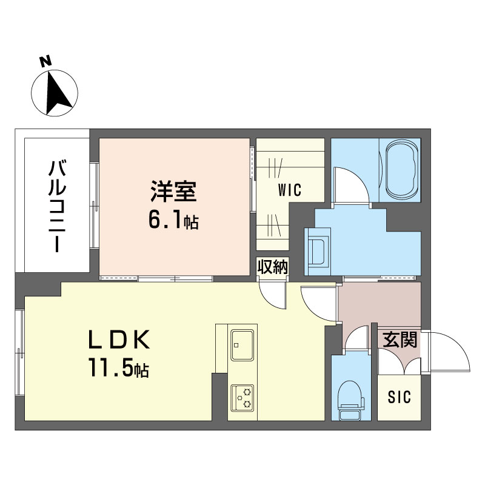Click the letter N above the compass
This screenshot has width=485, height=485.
click(x=46, y=61)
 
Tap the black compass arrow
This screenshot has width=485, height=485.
click(x=57, y=93)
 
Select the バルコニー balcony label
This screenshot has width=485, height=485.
click(x=57, y=206)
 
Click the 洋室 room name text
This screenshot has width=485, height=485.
click(x=173, y=191)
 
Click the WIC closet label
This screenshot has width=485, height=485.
click(x=290, y=190)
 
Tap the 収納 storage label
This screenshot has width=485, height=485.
click(x=272, y=267)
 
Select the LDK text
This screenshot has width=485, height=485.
click(x=119, y=339)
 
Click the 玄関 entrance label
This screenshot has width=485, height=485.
click(x=400, y=339)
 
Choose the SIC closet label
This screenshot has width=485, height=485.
click(x=400, y=397)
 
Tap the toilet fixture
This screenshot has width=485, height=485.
click(x=350, y=400)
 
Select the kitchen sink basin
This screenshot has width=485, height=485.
click(x=242, y=344)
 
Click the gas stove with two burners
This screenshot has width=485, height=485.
click(x=242, y=398)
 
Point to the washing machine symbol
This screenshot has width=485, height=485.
click(x=318, y=252)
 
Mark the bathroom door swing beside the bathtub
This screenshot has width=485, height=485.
click(x=352, y=186)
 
